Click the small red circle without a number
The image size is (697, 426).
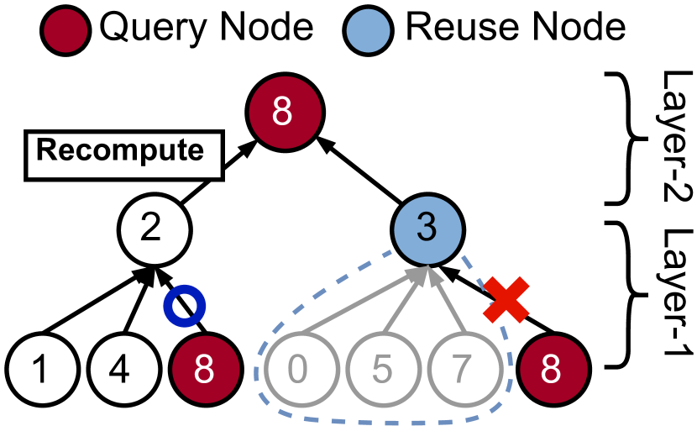(66, 31)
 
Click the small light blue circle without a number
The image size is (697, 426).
(368, 31)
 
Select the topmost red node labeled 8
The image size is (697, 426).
(285, 113)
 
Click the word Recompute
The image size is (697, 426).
(120, 151)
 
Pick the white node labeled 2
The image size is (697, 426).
(155, 229)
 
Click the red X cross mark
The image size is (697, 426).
(506, 299)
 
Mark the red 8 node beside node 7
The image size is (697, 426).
(553, 370)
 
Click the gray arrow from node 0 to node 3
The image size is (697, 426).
(361, 301)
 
